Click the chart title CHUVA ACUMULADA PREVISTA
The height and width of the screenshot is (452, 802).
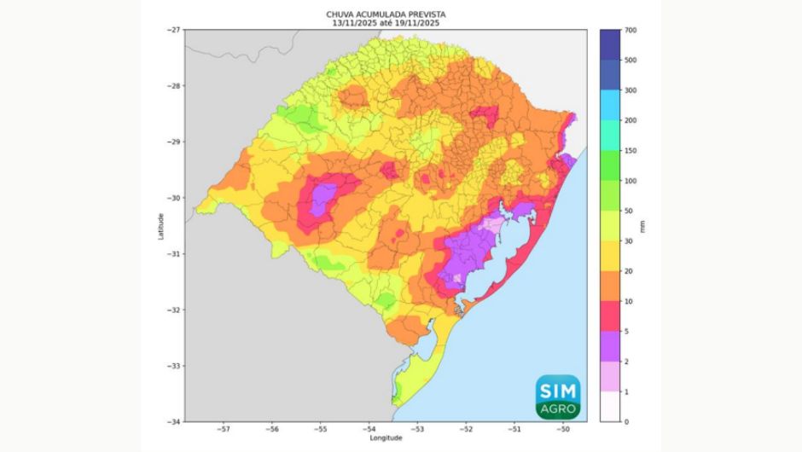pos(386,14)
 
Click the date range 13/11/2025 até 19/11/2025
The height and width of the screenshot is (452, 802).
pos(386,23)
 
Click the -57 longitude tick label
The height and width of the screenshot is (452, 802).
pos(224,429)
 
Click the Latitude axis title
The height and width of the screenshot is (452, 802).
pos(160,225)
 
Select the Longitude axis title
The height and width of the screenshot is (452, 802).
pos(386,438)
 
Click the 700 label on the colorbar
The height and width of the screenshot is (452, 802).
pos(631,30)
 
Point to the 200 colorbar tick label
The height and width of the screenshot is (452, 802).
pos(631,120)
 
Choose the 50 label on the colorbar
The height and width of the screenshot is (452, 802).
pos(629,211)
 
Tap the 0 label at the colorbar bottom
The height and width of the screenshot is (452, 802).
pos(626,421)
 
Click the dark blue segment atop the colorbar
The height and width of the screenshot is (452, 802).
pos(609,44)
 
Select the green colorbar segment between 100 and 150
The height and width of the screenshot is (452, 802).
pos(609,165)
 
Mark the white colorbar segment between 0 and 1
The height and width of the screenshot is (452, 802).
pos(609,406)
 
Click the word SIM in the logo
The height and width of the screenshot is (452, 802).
pos(558,390)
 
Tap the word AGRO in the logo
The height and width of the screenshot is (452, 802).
pos(558,409)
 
